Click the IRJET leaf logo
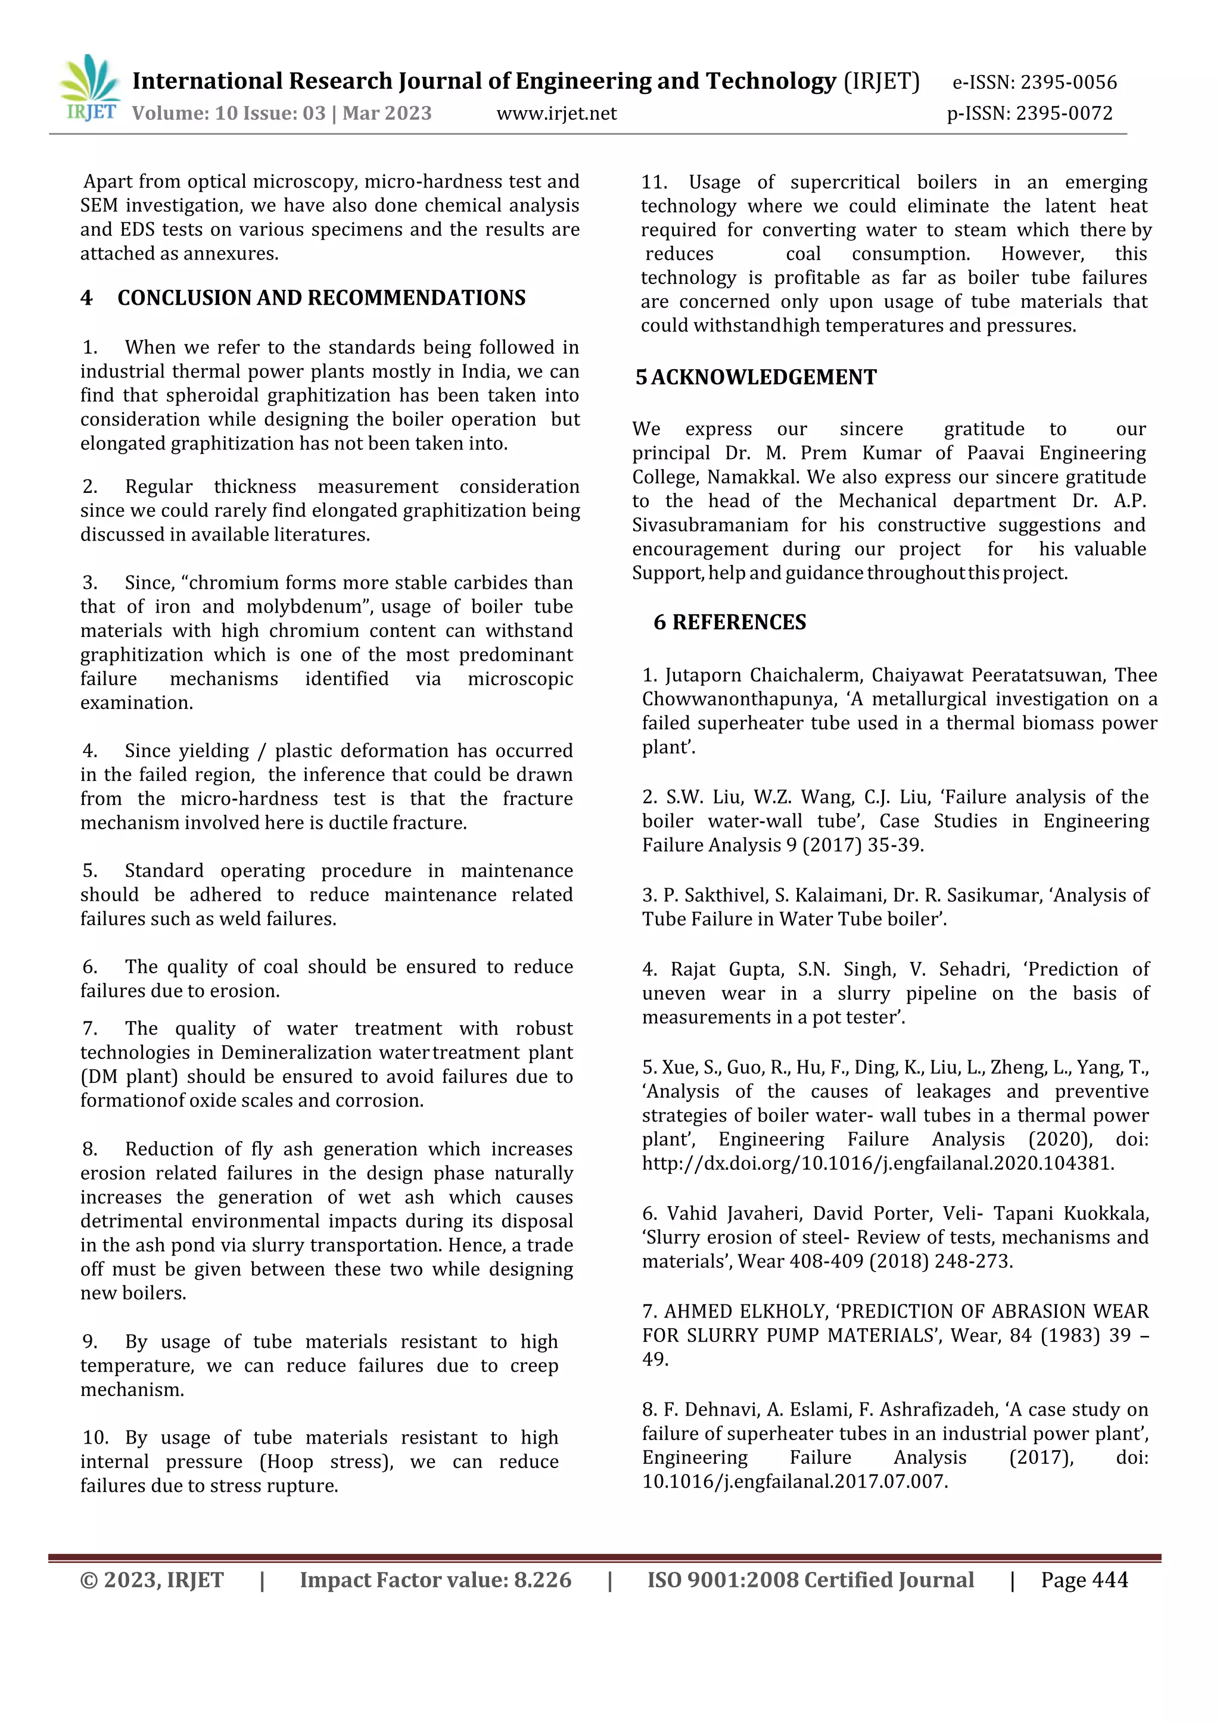(x=89, y=86)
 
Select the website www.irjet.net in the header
(x=556, y=113)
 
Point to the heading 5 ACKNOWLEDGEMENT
(x=756, y=377)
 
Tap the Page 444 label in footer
(x=1084, y=1580)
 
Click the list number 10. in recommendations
(x=95, y=1437)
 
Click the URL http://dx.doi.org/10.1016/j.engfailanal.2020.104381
(x=877, y=1163)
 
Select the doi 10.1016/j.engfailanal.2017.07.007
(x=794, y=1482)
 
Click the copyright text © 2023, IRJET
(x=152, y=1580)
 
